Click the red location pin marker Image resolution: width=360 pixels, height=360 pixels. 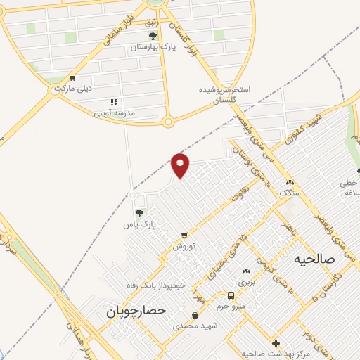[x=181, y=165]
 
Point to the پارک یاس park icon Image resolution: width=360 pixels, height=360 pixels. [x=139, y=212]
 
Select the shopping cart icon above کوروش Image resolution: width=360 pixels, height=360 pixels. [x=184, y=236]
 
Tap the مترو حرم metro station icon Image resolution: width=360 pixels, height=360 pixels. [x=231, y=295]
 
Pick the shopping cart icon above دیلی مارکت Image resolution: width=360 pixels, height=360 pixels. [x=72, y=78]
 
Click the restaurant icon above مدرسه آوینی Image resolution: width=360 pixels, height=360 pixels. [x=115, y=101]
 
